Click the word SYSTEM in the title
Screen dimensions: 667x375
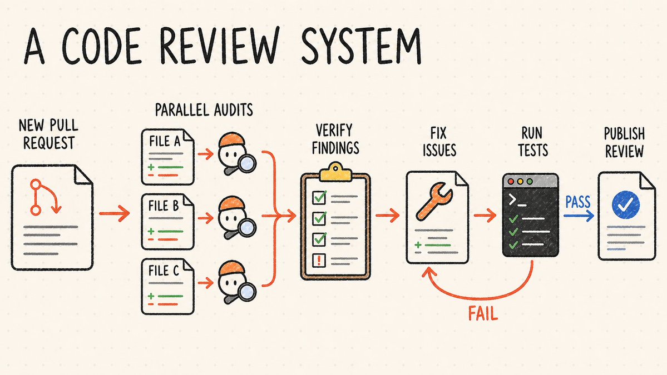[x=361, y=46]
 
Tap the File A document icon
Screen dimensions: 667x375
[x=167, y=157]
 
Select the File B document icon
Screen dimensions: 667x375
[x=167, y=222]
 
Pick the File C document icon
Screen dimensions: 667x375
[x=167, y=287]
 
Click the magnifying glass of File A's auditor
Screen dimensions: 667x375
[x=245, y=164]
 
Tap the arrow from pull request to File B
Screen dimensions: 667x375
[x=115, y=213]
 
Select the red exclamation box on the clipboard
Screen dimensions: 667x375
[x=319, y=260]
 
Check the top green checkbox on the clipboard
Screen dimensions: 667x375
[x=319, y=197]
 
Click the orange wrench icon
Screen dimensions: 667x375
[x=434, y=201]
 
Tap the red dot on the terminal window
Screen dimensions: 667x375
[x=511, y=181]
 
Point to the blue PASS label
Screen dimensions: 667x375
[x=577, y=202]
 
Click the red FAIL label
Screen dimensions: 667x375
[x=483, y=314]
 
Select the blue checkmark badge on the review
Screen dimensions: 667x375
[x=625, y=204]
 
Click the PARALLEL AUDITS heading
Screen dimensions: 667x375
[x=204, y=110]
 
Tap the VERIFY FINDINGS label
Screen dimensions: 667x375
[x=335, y=139]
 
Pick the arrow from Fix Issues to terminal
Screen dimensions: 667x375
[x=485, y=216]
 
